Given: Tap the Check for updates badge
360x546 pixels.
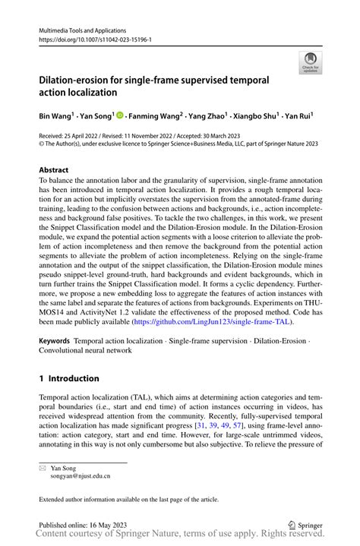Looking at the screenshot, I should coord(309,63).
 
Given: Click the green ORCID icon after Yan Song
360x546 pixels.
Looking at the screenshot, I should coord(121,118).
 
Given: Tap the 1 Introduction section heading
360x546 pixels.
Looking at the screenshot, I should coord(69,378).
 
